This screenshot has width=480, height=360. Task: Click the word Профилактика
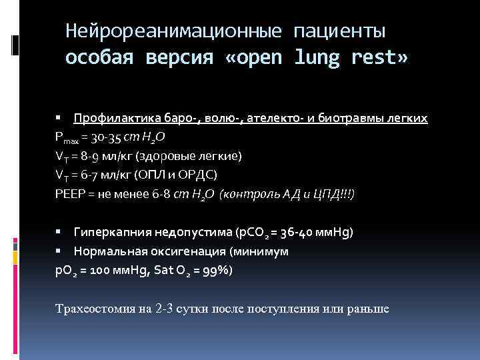pyautogui.click(x=113, y=119)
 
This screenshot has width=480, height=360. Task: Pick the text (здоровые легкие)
pyautogui.click(x=190, y=156)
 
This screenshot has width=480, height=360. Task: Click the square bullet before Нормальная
pyautogui.click(x=59, y=251)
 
